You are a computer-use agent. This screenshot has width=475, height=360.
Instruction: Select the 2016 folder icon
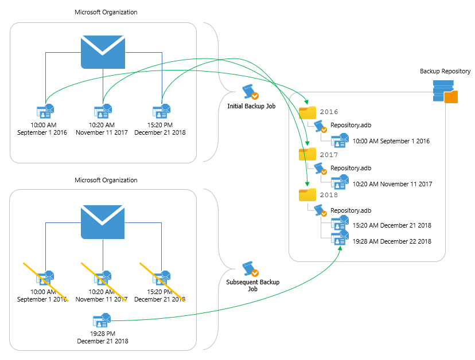[x=307, y=112]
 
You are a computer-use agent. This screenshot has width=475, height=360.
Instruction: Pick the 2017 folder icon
[x=307, y=154]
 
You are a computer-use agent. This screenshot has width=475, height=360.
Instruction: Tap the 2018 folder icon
[x=307, y=195]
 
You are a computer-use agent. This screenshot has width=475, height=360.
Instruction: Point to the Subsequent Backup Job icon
[x=250, y=269]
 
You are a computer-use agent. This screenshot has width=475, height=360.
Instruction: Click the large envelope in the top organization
[x=103, y=53]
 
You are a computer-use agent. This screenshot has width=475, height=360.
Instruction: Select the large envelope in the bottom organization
[x=103, y=222]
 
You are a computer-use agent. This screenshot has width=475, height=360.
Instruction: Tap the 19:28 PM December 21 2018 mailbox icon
[x=102, y=320]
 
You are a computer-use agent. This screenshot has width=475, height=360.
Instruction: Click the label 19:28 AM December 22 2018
[x=392, y=241]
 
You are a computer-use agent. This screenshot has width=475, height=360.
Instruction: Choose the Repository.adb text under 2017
[x=351, y=169]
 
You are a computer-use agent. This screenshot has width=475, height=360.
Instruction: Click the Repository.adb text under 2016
[x=351, y=125]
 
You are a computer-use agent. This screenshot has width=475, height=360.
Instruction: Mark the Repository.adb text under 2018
[x=351, y=210]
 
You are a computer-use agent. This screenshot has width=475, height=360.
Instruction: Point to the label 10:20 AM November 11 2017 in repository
[x=392, y=184]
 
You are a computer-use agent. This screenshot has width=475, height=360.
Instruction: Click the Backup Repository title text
[x=445, y=71]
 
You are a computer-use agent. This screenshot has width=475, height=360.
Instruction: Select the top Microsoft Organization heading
[x=106, y=12]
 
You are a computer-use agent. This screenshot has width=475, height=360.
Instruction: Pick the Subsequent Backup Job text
[x=253, y=285]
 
